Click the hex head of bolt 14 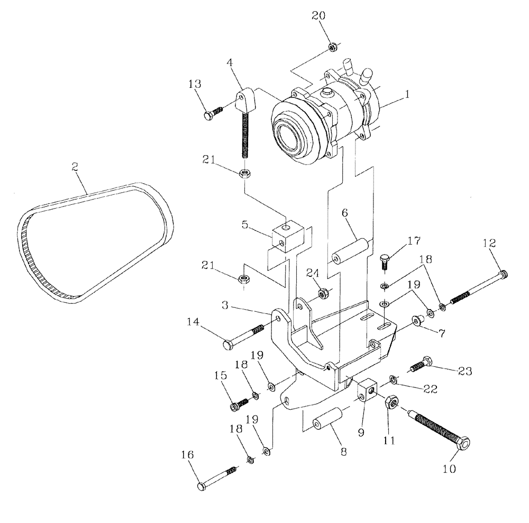(x=227, y=346)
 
